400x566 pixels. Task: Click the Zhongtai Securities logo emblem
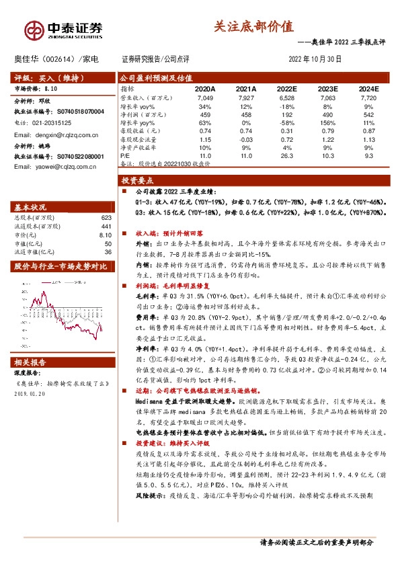tap(34, 29)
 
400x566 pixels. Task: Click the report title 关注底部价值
tap(253, 26)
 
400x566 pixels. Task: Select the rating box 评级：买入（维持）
tap(40, 77)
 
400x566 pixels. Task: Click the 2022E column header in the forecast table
tap(286, 89)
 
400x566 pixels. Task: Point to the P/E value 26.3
tap(286, 155)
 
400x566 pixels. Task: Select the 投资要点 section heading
tap(137, 181)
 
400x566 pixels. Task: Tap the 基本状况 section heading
tap(31, 206)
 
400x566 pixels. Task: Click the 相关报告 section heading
tap(31, 362)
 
